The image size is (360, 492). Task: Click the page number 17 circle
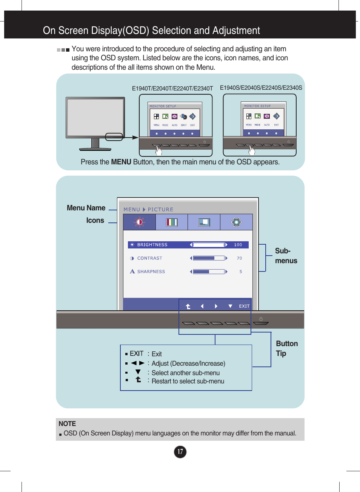(x=180, y=452)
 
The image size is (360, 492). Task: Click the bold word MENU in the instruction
(x=121, y=162)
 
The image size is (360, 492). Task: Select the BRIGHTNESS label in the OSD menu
(x=152, y=245)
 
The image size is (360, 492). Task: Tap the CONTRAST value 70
(x=239, y=258)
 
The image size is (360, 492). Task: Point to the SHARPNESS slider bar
(x=209, y=271)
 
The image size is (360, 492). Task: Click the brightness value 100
(x=238, y=245)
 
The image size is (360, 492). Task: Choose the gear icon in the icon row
(x=236, y=222)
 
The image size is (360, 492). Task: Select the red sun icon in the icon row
(x=139, y=222)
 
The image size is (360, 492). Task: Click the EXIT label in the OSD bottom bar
(x=244, y=306)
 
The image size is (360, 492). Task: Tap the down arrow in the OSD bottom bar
(x=230, y=306)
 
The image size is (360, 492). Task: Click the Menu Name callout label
(x=86, y=208)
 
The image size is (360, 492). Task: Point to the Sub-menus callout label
(x=286, y=256)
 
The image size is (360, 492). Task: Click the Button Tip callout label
(x=286, y=348)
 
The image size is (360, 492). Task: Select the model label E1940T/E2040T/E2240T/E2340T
(x=172, y=89)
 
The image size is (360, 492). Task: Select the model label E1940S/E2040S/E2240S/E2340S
(x=261, y=88)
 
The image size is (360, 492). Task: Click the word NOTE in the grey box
(x=67, y=424)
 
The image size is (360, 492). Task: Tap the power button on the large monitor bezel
(x=261, y=319)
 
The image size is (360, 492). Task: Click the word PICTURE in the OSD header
(x=160, y=210)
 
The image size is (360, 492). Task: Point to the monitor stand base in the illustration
(x=95, y=149)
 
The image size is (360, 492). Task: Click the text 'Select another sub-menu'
(x=185, y=373)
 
